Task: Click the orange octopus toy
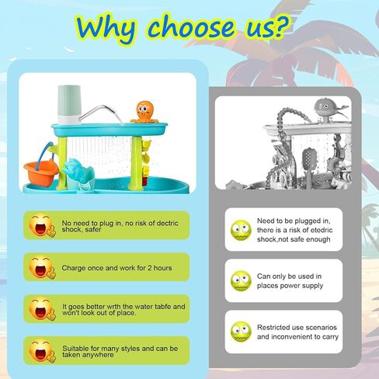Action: pos(144,113)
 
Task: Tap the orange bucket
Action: pos(41,172)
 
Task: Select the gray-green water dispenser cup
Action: pos(69,104)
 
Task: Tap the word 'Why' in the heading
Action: pos(106,29)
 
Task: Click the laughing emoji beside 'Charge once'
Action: pos(42,267)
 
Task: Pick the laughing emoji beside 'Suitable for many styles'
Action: pos(42,351)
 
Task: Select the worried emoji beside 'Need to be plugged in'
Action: pos(241,230)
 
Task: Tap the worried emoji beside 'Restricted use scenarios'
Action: pos(241,332)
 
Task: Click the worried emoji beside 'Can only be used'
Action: pos(241,281)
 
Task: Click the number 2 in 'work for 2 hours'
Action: pos(149,268)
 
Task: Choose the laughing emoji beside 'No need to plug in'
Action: pos(42,225)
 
